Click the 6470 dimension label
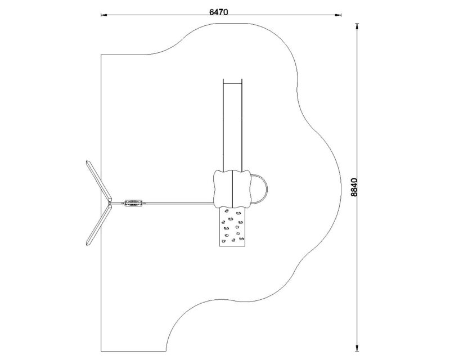pos(219,12)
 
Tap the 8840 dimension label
pos(354,187)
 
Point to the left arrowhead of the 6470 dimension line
pos(104,15)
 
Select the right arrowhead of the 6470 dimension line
pos(338,15)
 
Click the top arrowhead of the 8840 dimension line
pos(357,26)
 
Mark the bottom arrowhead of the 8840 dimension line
pos(357,348)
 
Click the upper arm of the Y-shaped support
pos(99,181)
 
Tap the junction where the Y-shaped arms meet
pos(110,203)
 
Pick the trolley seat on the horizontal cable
pos(133,203)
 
